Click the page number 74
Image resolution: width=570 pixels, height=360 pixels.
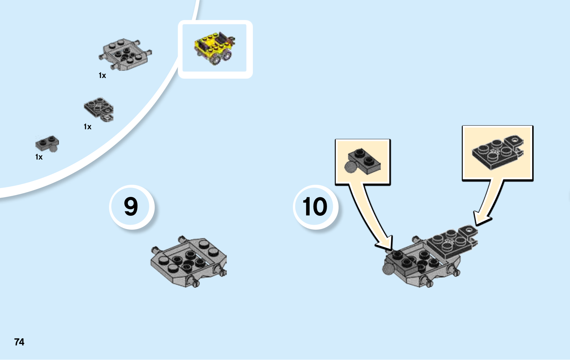pyautogui.click(x=19, y=342)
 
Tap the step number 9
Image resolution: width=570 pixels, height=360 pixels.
pyautogui.click(x=131, y=207)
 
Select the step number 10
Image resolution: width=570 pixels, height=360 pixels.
pyautogui.click(x=315, y=207)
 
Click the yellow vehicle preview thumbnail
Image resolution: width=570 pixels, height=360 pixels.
pyautogui.click(x=215, y=49)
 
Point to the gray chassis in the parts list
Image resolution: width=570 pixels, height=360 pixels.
pyautogui.click(x=125, y=54)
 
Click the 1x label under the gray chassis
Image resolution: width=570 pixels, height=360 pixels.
pyautogui.click(x=102, y=75)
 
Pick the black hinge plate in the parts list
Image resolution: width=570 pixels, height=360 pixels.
pyautogui.click(x=98, y=109)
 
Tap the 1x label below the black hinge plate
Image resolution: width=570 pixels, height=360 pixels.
pyautogui.click(x=88, y=127)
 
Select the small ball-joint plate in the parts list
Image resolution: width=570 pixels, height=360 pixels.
pyautogui.click(x=47, y=143)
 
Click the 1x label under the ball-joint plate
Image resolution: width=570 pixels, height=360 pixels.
pyautogui.click(x=39, y=157)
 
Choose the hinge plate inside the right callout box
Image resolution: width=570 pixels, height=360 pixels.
pyautogui.click(x=497, y=152)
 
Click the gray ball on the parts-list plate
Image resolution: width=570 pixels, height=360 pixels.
pyautogui.click(x=53, y=148)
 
